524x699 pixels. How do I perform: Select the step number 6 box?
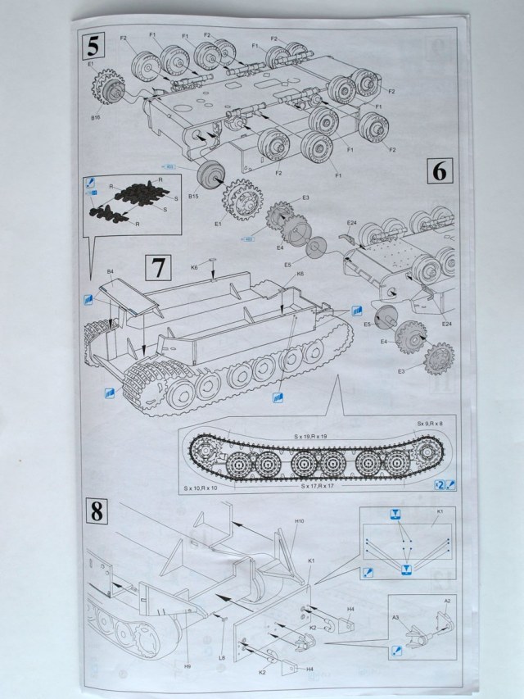click(x=439, y=172)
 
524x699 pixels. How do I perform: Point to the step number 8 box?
click(x=97, y=514)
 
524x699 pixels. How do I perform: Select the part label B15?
click(x=194, y=197)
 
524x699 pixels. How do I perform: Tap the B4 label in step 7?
click(x=110, y=270)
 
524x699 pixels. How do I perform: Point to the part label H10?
click(x=300, y=521)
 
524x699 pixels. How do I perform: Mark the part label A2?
click(x=446, y=601)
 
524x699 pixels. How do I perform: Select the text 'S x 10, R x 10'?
click(x=201, y=488)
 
